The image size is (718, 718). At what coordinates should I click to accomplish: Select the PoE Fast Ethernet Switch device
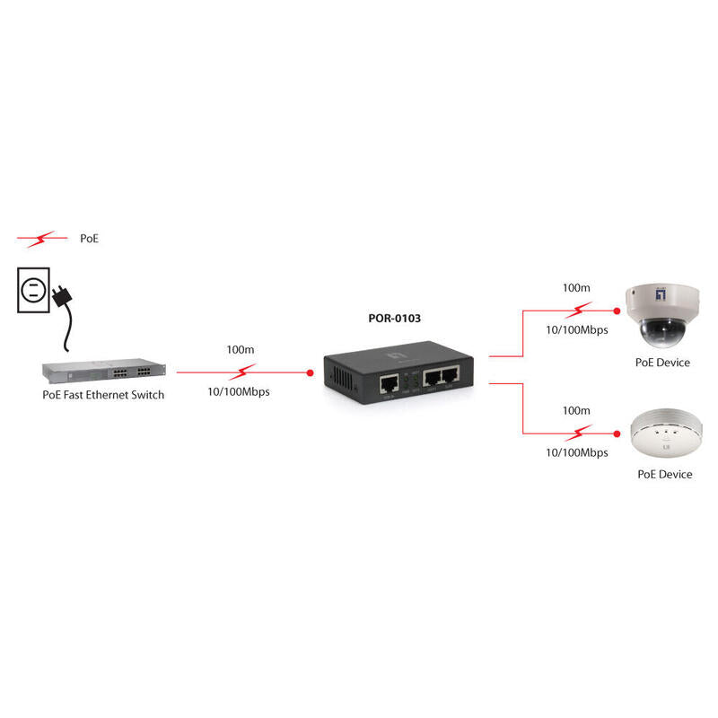(103, 372)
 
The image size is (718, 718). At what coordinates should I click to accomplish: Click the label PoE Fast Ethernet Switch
(103, 394)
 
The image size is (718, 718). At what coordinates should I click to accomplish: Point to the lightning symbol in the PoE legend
(42, 240)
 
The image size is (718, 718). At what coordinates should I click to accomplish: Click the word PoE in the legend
(89, 240)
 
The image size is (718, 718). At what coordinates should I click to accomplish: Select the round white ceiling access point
(664, 434)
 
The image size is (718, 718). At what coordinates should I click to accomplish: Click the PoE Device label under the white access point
(664, 474)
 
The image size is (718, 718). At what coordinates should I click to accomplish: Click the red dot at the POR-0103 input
(311, 371)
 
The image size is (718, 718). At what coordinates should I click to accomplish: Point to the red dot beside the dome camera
(617, 310)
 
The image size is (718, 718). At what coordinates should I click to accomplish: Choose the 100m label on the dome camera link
(576, 288)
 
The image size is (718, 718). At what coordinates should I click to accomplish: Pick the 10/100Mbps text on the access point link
(577, 453)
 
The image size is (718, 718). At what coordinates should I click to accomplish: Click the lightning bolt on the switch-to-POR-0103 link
(242, 371)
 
